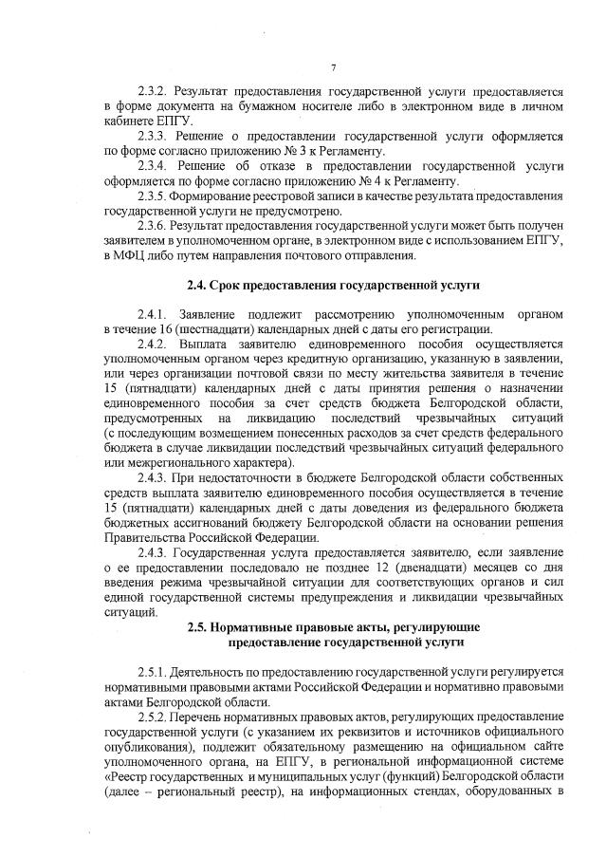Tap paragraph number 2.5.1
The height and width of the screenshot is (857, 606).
coord(154,671)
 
